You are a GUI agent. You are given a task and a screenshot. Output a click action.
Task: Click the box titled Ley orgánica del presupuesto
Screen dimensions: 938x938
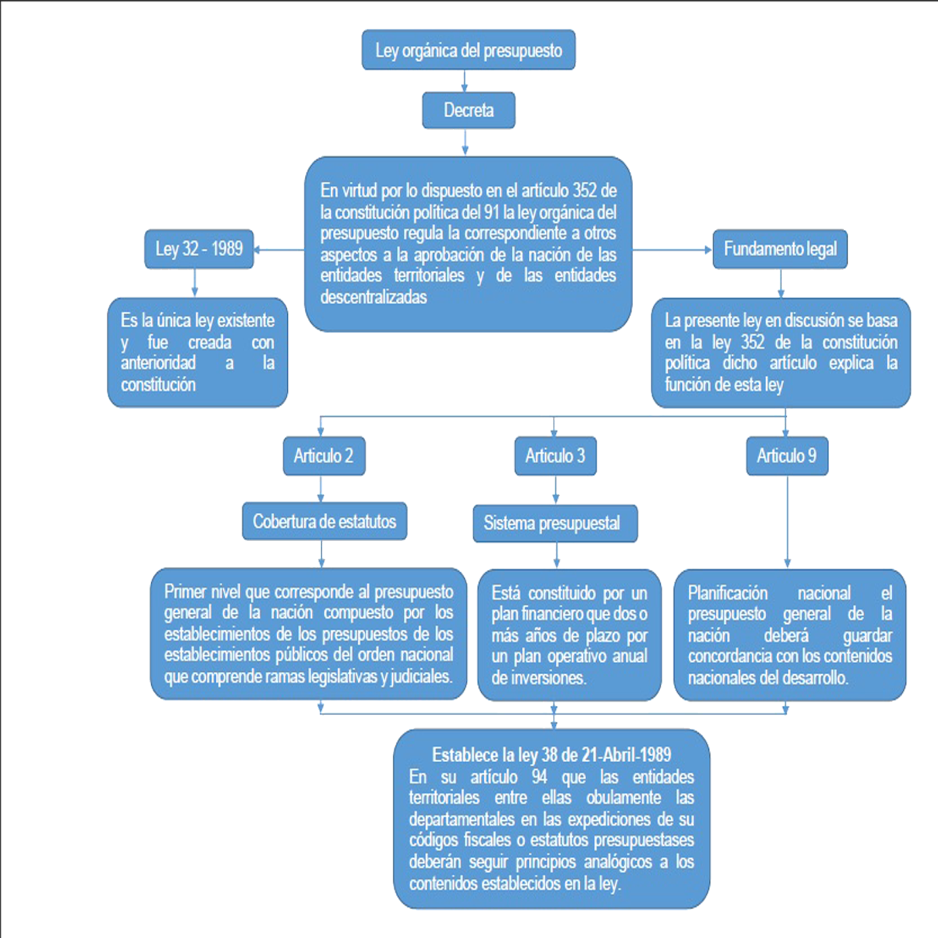pyautogui.click(x=468, y=50)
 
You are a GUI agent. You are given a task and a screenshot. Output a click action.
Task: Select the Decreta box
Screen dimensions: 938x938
pyautogui.click(x=468, y=110)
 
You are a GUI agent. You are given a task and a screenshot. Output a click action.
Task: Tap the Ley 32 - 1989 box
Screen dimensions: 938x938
pyautogui.click(x=199, y=249)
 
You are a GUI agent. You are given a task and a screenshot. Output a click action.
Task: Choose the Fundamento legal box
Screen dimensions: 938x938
pyautogui.click(x=780, y=249)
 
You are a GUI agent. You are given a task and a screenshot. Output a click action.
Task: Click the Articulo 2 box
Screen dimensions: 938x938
pyautogui.click(x=324, y=456)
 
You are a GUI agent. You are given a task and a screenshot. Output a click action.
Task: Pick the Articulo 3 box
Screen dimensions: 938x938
pyautogui.click(x=555, y=456)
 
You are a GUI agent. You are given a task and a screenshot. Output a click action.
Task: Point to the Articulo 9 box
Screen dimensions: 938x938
pyautogui.click(x=787, y=456)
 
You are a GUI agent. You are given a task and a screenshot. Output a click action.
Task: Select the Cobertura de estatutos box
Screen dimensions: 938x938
pyautogui.click(x=324, y=521)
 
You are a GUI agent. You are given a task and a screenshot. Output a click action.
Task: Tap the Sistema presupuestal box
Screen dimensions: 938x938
pyautogui.click(x=555, y=523)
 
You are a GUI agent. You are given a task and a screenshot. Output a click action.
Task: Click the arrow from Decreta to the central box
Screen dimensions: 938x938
pyautogui.click(x=465, y=142)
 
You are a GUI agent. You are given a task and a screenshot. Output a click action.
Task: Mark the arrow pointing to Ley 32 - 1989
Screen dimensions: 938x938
pyautogui.click(x=278, y=250)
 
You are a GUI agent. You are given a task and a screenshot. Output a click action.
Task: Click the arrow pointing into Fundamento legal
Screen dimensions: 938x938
pyautogui.click(x=672, y=250)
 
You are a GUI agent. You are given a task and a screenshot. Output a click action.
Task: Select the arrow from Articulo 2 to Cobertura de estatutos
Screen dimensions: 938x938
pyautogui.click(x=321, y=488)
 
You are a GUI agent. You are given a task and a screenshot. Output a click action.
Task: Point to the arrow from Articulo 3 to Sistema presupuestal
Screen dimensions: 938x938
pyautogui.click(x=556, y=490)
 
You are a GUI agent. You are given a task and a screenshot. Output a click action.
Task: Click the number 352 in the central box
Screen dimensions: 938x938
pyautogui.click(x=584, y=191)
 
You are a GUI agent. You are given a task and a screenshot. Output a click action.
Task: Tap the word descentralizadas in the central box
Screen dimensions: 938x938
pyautogui.click(x=373, y=297)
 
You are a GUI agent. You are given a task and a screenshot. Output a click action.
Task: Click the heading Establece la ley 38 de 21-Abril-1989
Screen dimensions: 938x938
pyautogui.click(x=551, y=755)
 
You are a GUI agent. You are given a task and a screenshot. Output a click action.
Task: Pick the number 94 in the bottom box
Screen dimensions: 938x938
pyautogui.click(x=539, y=777)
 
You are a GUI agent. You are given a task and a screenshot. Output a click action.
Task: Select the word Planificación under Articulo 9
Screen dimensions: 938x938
pyautogui.click(x=728, y=593)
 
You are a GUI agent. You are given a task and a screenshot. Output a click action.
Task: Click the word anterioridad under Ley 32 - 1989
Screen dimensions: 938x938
pyautogui.click(x=158, y=363)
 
